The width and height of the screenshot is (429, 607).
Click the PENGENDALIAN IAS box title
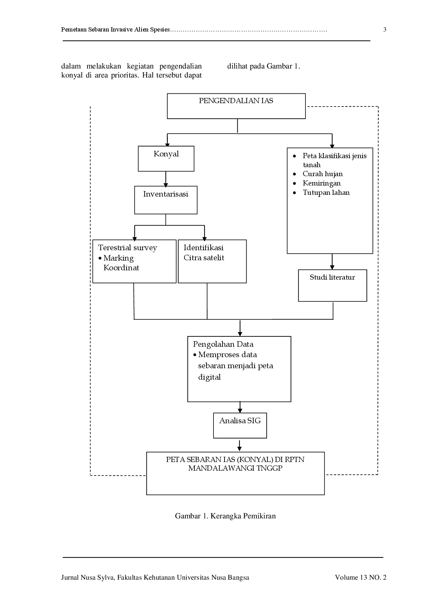(x=236, y=101)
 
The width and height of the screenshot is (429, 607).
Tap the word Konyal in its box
(x=166, y=154)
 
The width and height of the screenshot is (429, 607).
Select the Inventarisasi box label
(x=165, y=194)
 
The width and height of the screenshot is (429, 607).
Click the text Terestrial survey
(x=127, y=248)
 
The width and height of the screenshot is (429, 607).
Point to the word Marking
(x=118, y=258)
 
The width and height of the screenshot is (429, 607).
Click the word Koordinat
(x=121, y=268)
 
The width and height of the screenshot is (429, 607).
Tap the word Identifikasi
(x=203, y=248)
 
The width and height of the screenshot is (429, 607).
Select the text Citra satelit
(x=204, y=258)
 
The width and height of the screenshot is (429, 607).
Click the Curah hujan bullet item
(x=322, y=174)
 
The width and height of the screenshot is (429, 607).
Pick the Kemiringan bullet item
(x=321, y=183)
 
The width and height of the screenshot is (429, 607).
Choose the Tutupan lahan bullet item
(x=326, y=193)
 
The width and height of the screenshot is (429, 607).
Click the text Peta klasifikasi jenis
(x=334, y=156)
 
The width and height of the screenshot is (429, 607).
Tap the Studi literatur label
(x=332, y=277)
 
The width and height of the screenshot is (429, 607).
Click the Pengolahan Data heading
(x=223, y=344)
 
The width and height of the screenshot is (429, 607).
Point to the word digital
(x=209, y=377)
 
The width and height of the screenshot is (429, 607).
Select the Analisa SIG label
(x=240, y=421)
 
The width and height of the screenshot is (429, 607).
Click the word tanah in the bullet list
(x=311, y=165)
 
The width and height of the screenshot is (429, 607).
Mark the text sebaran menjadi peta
(x=235, y=366)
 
